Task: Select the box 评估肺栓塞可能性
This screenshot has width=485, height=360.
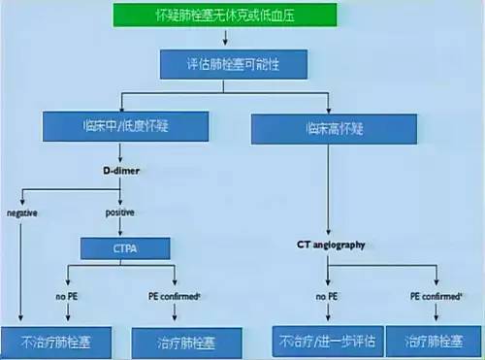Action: (234, 64)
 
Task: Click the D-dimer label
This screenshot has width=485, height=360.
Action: (120, 170)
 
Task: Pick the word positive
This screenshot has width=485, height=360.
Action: (119, 212)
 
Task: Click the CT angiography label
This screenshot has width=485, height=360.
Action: (331, 245)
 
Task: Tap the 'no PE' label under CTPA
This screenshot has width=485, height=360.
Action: (66, 293)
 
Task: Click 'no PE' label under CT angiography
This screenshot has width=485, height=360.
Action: (326, 293)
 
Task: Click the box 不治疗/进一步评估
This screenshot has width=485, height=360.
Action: (325, 342)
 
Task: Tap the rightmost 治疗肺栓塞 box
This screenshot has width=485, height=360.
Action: (434, 342)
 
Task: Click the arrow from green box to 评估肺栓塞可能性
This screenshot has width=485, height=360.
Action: (225, 39)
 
